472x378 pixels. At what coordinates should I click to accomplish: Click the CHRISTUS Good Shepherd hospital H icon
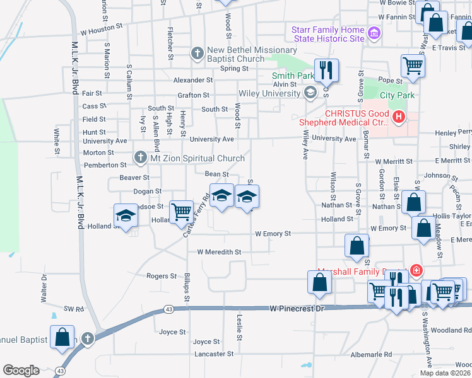(x=398, y=117)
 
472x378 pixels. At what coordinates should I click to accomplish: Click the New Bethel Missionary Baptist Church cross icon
(x=198, y=54)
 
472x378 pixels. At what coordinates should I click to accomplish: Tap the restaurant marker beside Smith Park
(x=326, y=70)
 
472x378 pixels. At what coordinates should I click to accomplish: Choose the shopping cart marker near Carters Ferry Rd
(x=182, y=212)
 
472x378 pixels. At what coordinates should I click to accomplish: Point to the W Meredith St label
(x=219, y=252)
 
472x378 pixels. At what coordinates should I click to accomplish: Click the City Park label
(x=398, y=96)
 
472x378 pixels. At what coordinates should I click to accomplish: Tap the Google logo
(x=21, y=370)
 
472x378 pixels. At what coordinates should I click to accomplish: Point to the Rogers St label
(x=161, y=276)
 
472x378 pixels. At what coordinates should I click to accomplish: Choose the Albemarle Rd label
(x=372, y=355)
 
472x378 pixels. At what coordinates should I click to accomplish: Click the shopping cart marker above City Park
(x=413, y=66)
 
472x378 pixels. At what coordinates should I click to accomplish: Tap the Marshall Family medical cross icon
(x=416, y=271)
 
